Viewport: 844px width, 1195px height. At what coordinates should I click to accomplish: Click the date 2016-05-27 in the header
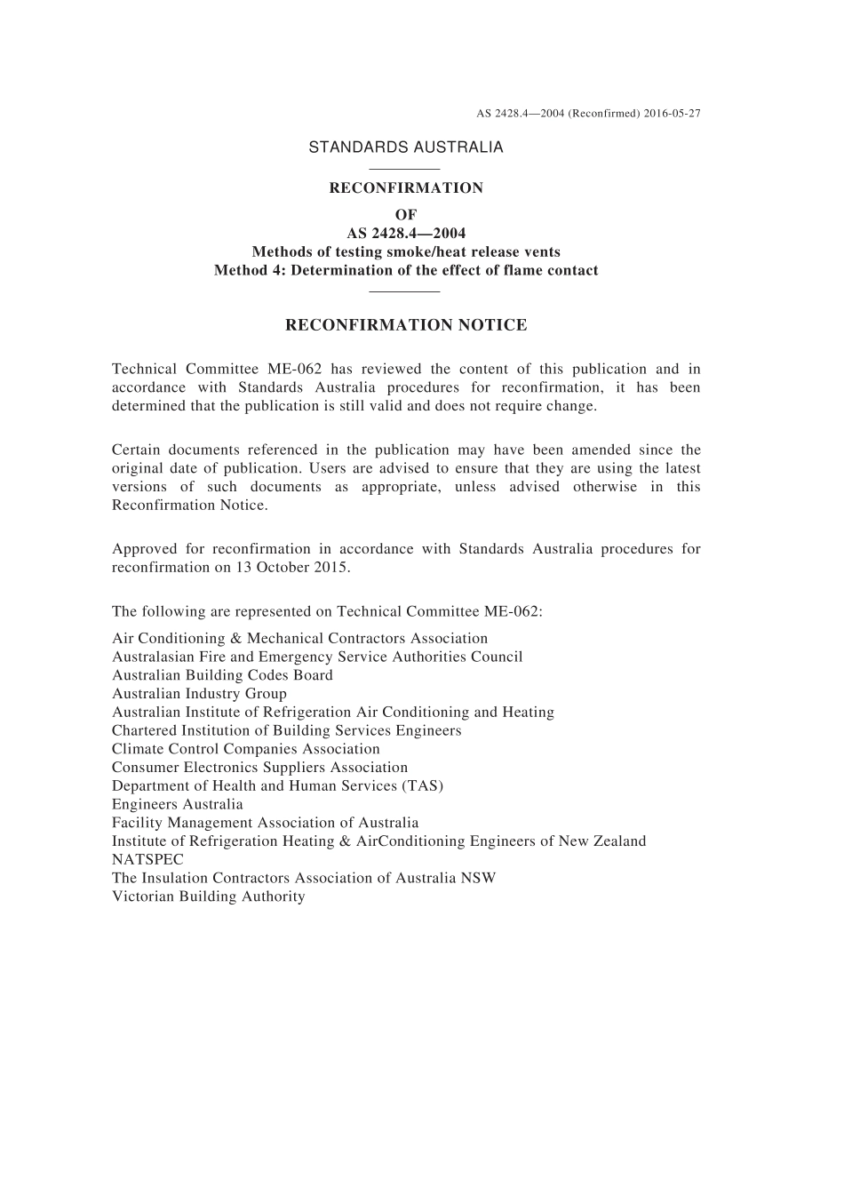click(x=673, y=114)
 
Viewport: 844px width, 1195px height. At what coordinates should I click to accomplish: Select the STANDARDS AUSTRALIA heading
click(x=405, y=147)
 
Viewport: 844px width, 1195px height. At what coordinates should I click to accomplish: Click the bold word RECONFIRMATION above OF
click(x=406, y=188)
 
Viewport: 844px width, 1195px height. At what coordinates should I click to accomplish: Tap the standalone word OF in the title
click(x=406, y=215)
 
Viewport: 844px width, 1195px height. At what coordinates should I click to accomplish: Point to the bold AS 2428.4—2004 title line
click(x=406, y=234)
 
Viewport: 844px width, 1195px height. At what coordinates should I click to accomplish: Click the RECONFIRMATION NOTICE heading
click(x=406, y=325)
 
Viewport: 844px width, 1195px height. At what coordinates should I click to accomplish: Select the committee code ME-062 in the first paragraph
click(x=293, y=370)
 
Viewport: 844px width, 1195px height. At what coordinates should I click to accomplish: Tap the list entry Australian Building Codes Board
click(x=222, y=675)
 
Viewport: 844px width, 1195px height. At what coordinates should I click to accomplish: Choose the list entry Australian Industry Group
click(x=199, y=694)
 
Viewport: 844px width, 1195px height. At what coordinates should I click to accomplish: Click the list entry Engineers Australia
click(x=177, y=805)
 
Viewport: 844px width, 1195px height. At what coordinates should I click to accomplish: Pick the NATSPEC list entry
click(x=147, y=860)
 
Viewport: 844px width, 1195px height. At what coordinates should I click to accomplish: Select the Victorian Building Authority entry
click(x=208, y=896)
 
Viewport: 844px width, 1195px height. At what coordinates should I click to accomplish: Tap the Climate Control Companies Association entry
click(x=245, y=749)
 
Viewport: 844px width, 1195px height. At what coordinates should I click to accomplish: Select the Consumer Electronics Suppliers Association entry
click(x=259, y=768)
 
